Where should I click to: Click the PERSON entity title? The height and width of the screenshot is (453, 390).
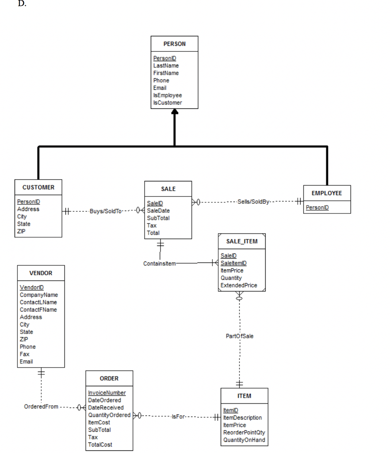coord(174,44)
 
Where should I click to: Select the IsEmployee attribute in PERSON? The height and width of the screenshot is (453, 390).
coord(167,95)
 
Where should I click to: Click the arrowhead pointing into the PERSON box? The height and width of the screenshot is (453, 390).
coord(175,112)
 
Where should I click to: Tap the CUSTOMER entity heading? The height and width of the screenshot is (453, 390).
coord(38,187)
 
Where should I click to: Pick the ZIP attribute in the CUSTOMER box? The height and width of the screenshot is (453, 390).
coord(22,231)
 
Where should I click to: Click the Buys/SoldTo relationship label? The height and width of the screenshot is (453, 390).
coord(105,211)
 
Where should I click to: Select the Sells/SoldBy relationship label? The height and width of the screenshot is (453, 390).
coord(253,202)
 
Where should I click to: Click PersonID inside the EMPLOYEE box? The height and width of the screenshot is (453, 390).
coord(317,208)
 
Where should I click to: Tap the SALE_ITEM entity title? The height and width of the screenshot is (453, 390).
coord(241,241)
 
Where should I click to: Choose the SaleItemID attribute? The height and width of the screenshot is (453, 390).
coord(233,263)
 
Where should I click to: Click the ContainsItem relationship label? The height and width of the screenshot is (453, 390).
coord(159,264)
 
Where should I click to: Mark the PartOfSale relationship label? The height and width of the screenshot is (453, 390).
coord(239,336)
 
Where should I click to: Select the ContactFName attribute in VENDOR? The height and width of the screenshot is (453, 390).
coord(38,310)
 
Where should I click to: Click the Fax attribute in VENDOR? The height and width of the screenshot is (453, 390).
coord(24,354)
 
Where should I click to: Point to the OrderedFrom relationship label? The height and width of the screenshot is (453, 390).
coord(41,407)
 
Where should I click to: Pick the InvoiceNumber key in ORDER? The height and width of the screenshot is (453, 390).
coord(107,393)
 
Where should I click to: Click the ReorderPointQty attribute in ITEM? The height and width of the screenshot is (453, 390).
coord(244,432)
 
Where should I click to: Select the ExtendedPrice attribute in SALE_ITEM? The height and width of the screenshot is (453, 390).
coord(238,285)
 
